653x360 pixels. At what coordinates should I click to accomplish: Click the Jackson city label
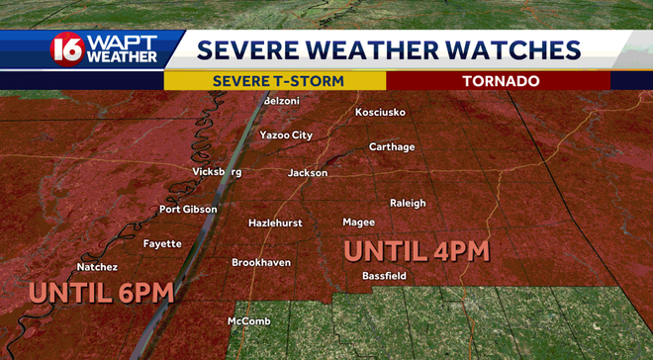(307, 173)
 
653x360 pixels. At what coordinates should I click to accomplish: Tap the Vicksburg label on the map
(217, 172)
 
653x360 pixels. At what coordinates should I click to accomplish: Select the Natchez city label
(97, 267)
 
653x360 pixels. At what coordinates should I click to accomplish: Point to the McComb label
(248, 321)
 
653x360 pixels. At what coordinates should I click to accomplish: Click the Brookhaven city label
(261, 262)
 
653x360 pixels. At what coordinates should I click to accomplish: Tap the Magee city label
(358, 223)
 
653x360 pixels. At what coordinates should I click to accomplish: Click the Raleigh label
(408, 203)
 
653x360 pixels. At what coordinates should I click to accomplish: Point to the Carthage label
(392, 146)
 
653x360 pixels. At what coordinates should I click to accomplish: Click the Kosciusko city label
(380, 112)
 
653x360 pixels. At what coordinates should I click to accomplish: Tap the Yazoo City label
(286, 135)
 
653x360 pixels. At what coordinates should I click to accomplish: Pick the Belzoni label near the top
(282, 101)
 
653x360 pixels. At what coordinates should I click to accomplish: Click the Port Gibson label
(188, 210)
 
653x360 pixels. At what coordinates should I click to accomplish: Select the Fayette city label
(162, 243)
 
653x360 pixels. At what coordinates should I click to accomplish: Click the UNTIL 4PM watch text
(417, 250)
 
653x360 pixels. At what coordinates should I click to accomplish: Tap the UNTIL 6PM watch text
(102, 292)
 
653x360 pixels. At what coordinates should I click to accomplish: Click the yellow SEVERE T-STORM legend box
(274, 81)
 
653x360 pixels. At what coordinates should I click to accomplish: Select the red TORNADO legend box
(498, 81)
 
